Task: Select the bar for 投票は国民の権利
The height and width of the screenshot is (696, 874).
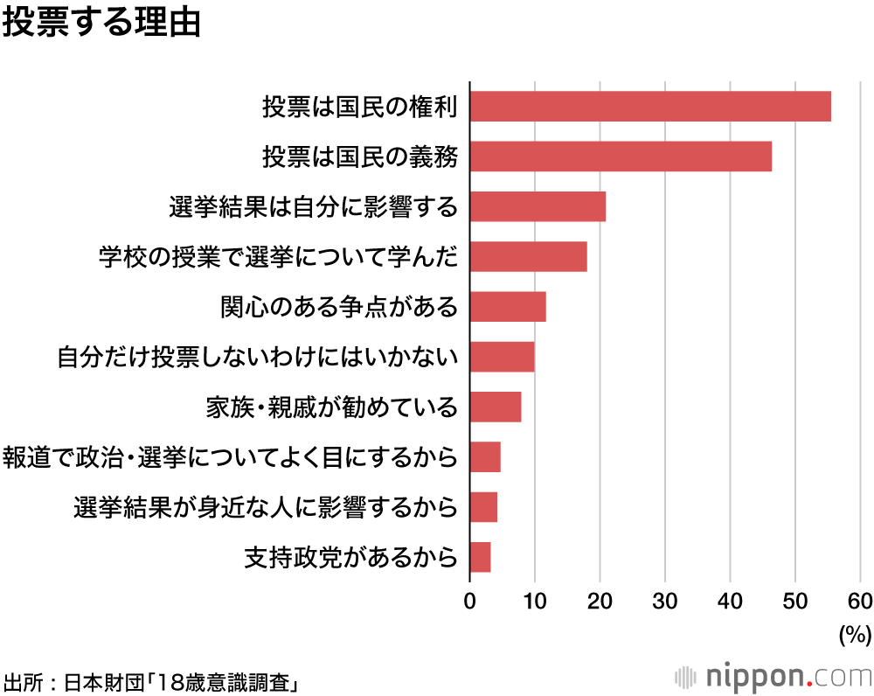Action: pos(650,107)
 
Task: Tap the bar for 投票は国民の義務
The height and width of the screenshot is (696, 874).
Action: pos(621,157)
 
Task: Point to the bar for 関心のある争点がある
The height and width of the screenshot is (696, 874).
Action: pos(508,307)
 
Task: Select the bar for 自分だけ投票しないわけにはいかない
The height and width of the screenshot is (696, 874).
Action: pos(502,358)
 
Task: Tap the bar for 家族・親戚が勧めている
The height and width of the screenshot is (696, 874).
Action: pos(496,407)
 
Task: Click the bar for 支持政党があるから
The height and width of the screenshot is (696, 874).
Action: pos(480,557)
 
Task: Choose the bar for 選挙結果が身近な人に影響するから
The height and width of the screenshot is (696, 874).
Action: pos(483,507)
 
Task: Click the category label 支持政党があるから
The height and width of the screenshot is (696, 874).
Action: pos(351,557)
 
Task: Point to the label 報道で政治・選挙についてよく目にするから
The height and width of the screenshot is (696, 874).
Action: pos(231,457)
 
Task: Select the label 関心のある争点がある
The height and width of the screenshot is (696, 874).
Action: pos(339,307)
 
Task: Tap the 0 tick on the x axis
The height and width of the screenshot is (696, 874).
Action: pos(470,601)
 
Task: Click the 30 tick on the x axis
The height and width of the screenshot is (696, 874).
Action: pos(665,601)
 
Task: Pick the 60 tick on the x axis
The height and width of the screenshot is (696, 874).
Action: pos(860,601)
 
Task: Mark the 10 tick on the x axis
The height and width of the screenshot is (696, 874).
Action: pos(535,601)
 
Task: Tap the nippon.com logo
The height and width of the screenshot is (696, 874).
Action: pos(773,676)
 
